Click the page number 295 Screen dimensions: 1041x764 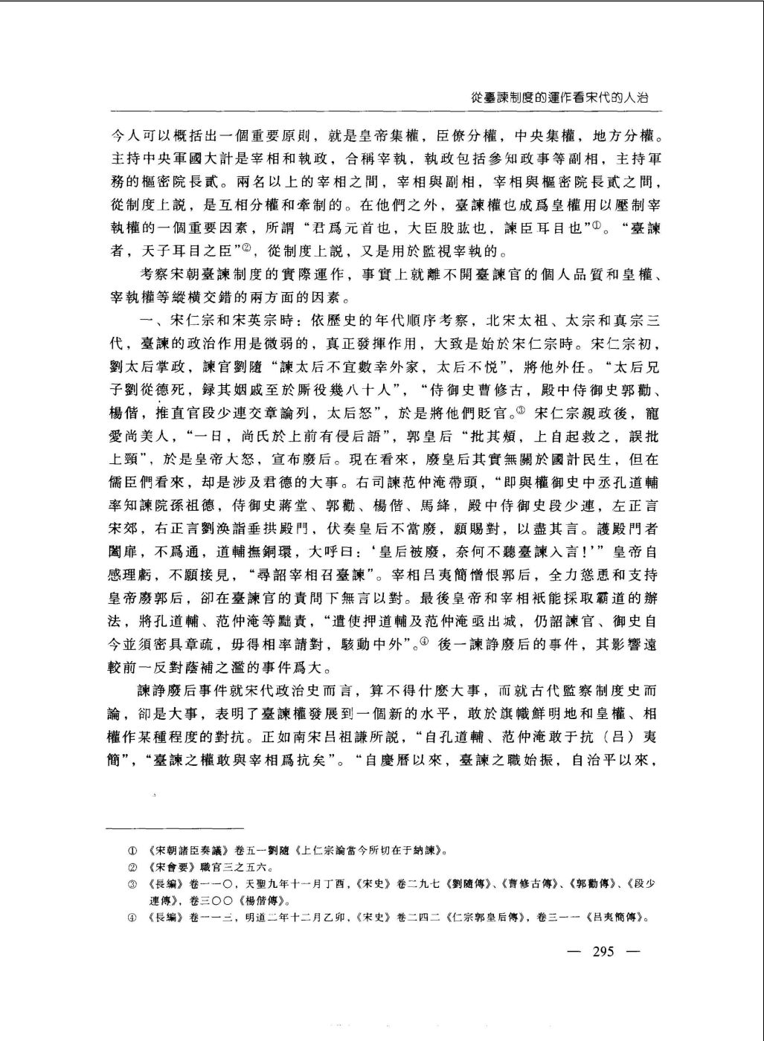click(x=601, y=953)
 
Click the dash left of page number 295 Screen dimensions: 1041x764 click(x=573, y=953)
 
